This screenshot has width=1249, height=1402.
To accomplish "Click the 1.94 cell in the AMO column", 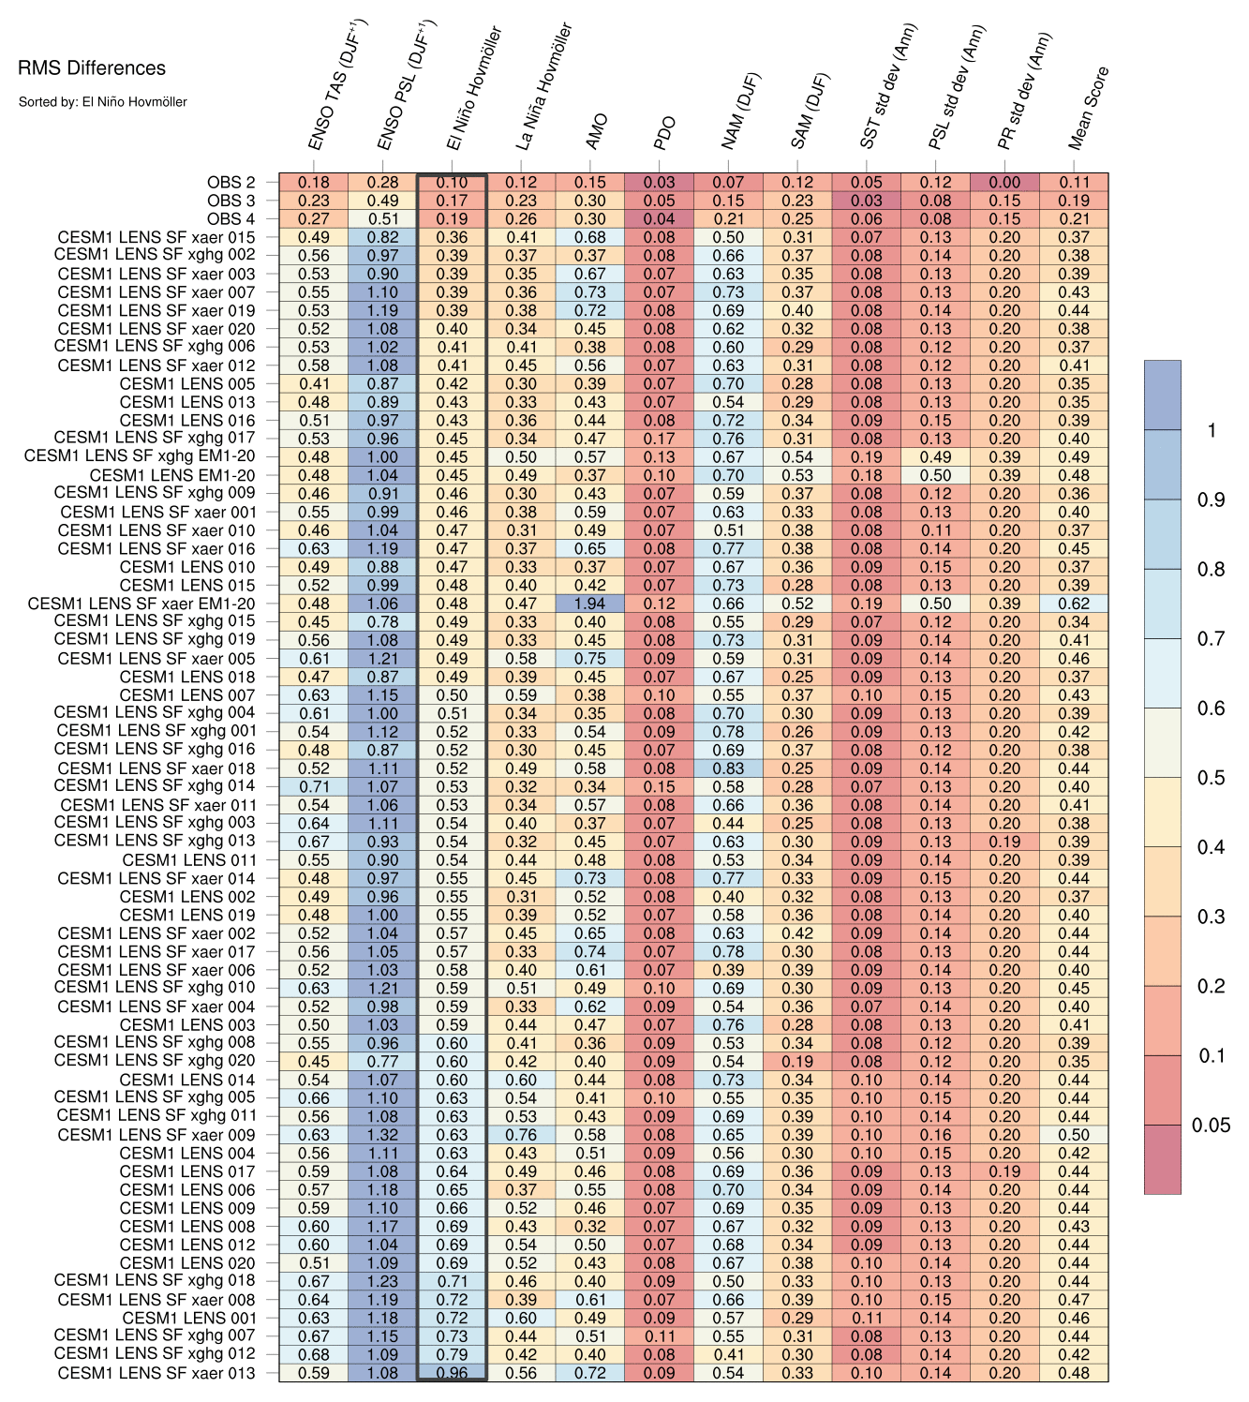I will (x=590, y=604).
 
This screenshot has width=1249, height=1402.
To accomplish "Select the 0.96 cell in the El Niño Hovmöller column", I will (x=452, y=1373).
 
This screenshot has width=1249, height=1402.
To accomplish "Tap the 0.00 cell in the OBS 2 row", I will (x=1004, y=183).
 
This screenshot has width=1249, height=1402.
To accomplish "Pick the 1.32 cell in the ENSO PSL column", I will (x=382, y=1135).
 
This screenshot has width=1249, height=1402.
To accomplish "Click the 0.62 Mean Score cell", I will (x=1074, y=604).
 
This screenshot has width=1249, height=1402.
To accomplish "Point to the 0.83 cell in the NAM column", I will (x=728, y=768).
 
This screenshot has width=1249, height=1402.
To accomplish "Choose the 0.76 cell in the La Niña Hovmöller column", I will (x=521, y=1135).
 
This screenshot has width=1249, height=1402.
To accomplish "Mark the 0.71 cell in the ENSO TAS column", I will (x=314, y=786).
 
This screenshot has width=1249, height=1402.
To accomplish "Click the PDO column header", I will (x=664, y=133).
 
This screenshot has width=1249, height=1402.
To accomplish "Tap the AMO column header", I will (x=597, y=131).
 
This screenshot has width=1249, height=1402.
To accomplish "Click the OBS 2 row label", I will (x=230, y=183).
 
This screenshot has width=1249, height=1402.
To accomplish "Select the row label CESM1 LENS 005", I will (x=187, y=383).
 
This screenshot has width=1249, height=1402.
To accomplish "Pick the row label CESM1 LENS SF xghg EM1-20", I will (x=140, y=456).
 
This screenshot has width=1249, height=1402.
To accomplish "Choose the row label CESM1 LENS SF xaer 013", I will (x=156, y=1373).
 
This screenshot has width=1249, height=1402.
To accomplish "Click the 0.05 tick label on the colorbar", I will (x=1211, y=1126).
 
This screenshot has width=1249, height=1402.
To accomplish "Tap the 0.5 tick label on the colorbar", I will (x=1211, y=778).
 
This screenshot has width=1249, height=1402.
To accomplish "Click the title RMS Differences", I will (x=92, y=68).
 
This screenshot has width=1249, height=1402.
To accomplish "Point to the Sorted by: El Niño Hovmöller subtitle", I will (x=103, y=101).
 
